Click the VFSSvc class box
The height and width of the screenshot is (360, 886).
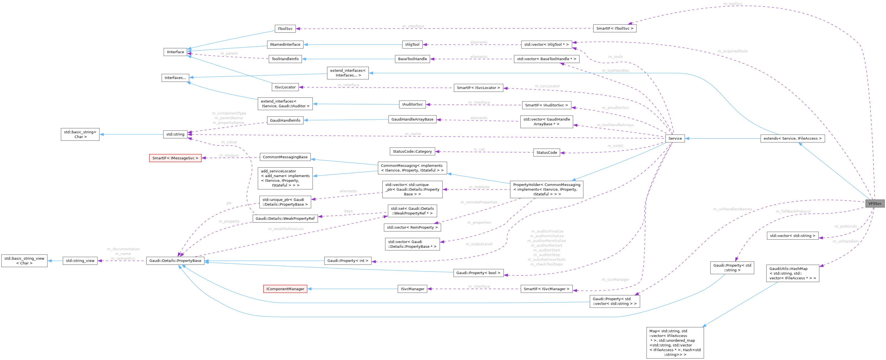pos(875,203)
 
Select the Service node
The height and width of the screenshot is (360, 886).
pos(675,139)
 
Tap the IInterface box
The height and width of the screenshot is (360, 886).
pos(176,52)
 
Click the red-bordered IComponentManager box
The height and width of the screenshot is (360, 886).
pos(285,289)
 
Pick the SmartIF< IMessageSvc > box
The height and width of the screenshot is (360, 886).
pos(175,158)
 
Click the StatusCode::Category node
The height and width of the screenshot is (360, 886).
pos(412,151)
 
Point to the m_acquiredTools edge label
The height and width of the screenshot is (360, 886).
pos(733,51)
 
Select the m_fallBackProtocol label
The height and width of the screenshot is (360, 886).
pos(793,211)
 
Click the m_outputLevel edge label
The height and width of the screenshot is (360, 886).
pos(479,244)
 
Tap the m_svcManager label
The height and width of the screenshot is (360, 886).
pos(615,280)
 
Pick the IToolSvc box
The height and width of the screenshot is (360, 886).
pos(285,29)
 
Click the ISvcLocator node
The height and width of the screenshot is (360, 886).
pos(285,87)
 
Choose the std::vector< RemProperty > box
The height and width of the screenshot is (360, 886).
pos(412,228)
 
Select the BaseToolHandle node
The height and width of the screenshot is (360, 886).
pos(412,59)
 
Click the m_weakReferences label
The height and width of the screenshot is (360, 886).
pos(286,229)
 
